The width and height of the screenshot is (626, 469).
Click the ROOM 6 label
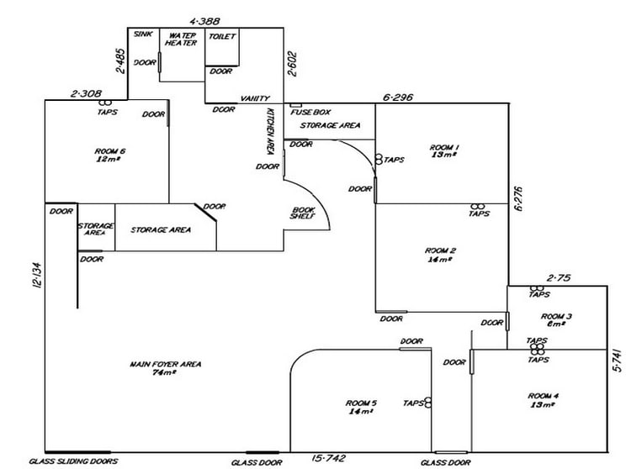(110, 151)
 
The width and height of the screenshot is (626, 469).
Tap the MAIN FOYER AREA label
(166, 364)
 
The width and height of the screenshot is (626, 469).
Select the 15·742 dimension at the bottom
(329, 459)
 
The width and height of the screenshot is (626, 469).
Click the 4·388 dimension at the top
(204, 21)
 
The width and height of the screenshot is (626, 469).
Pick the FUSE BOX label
(310, 112)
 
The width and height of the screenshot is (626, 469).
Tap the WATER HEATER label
(181, 39)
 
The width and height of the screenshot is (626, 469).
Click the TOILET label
(222, 36)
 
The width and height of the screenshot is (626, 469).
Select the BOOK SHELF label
(303, 213)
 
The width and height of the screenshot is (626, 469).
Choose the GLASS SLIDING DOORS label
(73, 461)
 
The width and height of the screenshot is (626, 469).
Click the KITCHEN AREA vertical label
(269, 131)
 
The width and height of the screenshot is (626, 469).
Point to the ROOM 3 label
(556, 317)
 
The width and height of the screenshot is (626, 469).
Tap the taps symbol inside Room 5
(428, 403)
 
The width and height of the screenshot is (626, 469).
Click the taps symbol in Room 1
(379, 160)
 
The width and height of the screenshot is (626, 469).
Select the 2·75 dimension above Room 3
(559, 278)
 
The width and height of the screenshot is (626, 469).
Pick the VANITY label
(255, 98)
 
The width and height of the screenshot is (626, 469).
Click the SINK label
(143, 34)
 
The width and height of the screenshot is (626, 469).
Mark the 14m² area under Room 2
(440, 259)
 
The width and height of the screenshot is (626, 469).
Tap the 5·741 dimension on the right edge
(618, 360)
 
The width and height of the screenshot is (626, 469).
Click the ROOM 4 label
(544, 396)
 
